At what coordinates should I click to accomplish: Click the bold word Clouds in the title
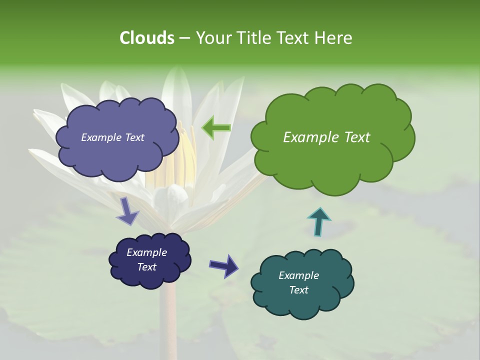(x=146, y=38)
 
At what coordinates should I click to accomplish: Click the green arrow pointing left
(x=216, y=127)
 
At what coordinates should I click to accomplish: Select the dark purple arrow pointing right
(x=223, y=265)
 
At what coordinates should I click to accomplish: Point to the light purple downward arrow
(x=128, y=211)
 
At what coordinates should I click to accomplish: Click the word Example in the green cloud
(x=309, y=137)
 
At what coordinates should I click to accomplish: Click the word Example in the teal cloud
(x=298, y=275)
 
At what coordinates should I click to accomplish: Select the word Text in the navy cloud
(x=147, y=267)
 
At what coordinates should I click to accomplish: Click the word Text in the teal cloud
(x=298, y=290)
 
